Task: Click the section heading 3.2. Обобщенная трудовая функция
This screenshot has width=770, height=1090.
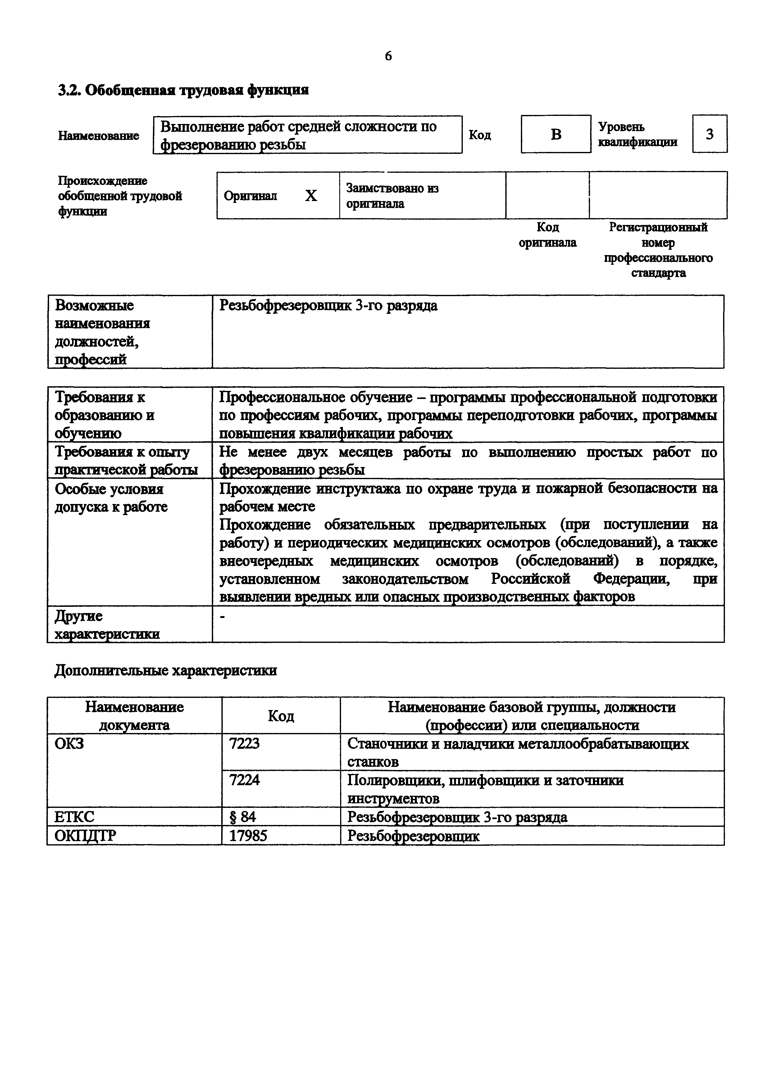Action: coord(183,90)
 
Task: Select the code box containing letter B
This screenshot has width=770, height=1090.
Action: coord(556,134)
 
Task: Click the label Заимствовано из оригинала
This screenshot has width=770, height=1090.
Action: coord(392,195)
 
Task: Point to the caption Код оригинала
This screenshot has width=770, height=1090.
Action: coord(548,235)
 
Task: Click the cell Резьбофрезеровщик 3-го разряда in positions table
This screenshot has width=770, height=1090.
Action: coord(328,306)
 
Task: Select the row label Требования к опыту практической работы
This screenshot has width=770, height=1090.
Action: coord(126,460)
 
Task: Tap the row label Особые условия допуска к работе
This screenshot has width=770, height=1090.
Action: coord(111,497)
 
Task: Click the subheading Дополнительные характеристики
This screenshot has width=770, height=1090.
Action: coord(166,670)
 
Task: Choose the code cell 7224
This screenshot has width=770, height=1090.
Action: coord(244,780)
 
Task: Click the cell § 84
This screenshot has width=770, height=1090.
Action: coord(243,817)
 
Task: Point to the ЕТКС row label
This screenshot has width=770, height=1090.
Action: coord(75,817)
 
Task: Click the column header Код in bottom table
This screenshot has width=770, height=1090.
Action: coord(281,716)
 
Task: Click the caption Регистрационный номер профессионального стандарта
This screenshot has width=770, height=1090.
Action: coord(658,250)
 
